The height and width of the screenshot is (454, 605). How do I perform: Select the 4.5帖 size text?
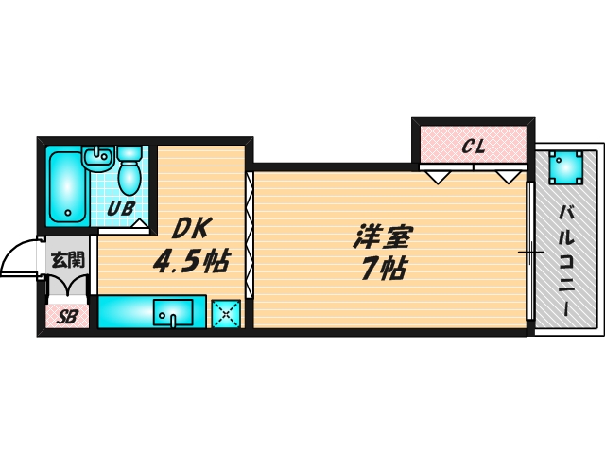point(192,262)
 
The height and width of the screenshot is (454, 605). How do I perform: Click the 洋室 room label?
point(383,235)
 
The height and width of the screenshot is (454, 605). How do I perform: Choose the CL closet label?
point(473,147)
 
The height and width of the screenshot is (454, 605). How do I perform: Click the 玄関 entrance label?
point(66,257)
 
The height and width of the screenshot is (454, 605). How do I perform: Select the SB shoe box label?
point(66,317)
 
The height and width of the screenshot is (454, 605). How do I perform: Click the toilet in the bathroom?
point(129,171)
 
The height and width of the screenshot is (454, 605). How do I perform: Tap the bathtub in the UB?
point(66,187)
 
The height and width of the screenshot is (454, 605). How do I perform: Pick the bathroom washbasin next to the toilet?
point(95,160)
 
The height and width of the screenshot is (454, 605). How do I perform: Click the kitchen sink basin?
point(173,311)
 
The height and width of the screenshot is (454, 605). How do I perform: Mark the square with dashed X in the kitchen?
point(226,313)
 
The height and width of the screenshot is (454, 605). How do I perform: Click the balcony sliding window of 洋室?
point(530,252)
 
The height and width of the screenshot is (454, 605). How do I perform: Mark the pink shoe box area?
point(66,317)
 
